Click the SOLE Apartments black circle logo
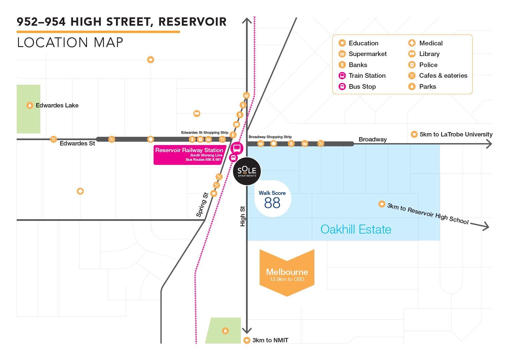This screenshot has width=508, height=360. click(247, 171)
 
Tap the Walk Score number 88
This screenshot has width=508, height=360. click(272, 203)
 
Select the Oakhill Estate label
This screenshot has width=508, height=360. click(356, 229)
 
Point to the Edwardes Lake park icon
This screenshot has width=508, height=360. click(30, 105)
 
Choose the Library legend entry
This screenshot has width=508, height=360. click(424, 54)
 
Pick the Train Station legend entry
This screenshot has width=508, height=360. click(362, 76)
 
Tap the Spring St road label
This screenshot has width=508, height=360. click(202, 205)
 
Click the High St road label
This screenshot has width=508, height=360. click(243, 216)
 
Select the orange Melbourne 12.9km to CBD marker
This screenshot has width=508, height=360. click(287, 273)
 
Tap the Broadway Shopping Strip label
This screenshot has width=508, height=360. click(270, 137)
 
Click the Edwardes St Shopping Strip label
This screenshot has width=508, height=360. click(205, 132)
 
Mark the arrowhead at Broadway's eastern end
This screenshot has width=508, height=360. click(489, 144)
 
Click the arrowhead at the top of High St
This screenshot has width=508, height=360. click(247, 20)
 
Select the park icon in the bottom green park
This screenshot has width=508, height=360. click(225, 331)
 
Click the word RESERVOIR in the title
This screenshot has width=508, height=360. click(193, 22)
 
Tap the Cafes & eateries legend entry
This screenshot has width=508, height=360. click(438, 76)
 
